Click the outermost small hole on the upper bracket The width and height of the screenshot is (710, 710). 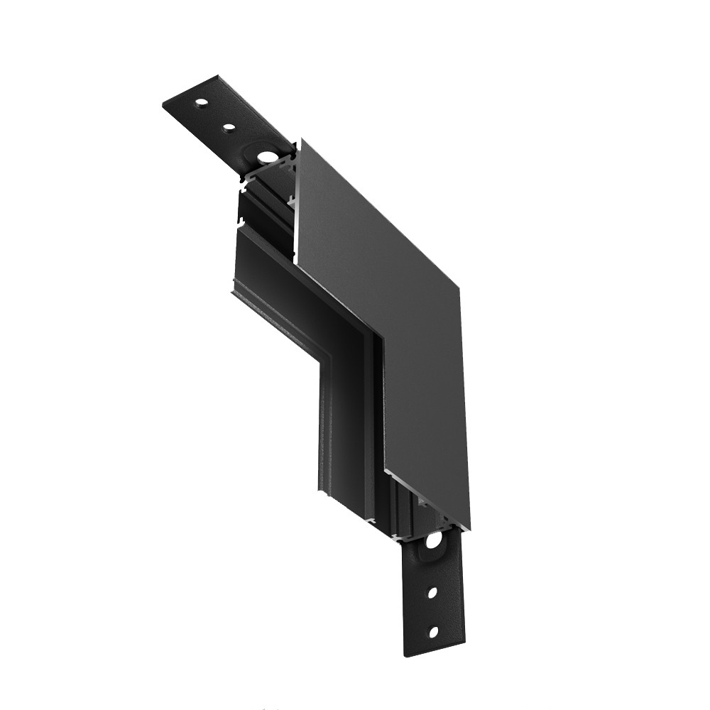click(x=202, y=104)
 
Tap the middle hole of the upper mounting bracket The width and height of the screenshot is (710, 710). click(x=229, y=129)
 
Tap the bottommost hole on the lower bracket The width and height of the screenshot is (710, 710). click(x=432, y=630)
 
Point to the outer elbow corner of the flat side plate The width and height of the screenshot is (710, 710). click(x=460, y=288)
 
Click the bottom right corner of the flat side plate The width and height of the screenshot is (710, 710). click(x=469, y=529)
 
